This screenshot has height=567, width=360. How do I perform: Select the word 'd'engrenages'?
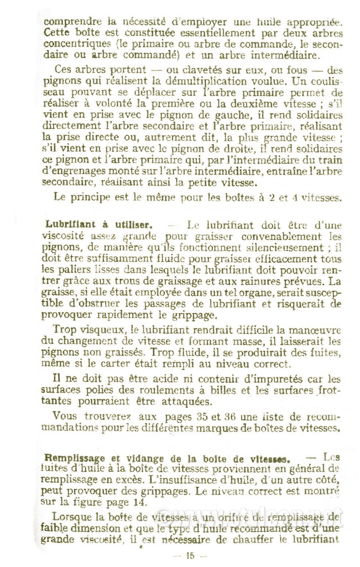(79, 172)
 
